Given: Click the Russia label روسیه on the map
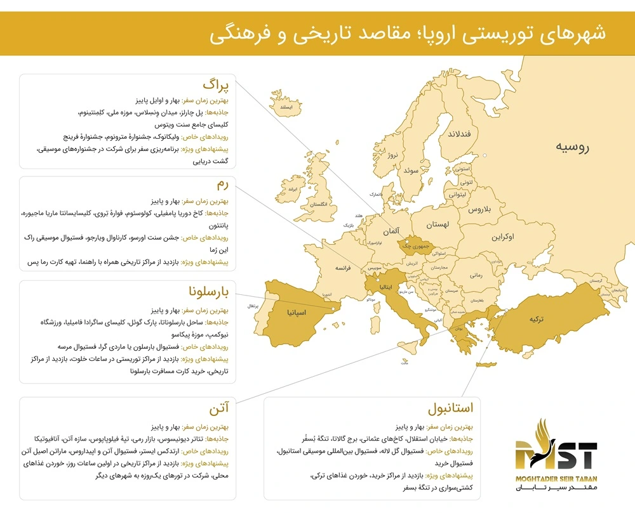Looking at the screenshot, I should (x=572, y=148).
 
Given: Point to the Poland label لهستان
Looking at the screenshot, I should (x=438, y=225).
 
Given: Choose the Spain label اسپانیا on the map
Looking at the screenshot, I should (x=298, y=312).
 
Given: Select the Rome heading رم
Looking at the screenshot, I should (x=225, y=185).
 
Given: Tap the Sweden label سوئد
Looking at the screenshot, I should (x=411, y=170).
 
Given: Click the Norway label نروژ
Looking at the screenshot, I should (x=395, y=154).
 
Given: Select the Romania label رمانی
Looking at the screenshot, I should (x=476, y=275).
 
